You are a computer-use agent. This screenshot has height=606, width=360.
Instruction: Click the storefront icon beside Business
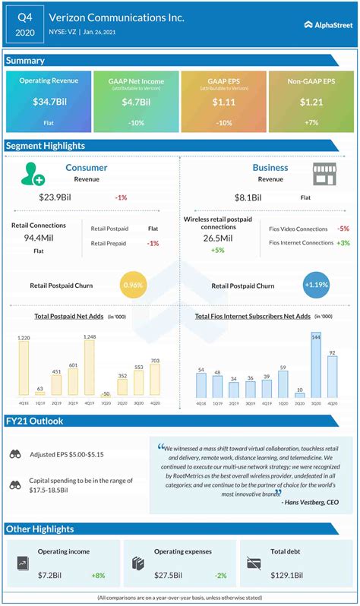[324, 172]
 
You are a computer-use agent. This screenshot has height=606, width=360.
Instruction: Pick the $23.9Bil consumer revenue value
[60, 197]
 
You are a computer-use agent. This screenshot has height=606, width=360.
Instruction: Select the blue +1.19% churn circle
[315, 286]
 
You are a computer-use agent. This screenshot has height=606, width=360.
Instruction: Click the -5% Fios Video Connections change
[343, 228]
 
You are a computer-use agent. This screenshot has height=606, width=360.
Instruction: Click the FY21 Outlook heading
[36, 421]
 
